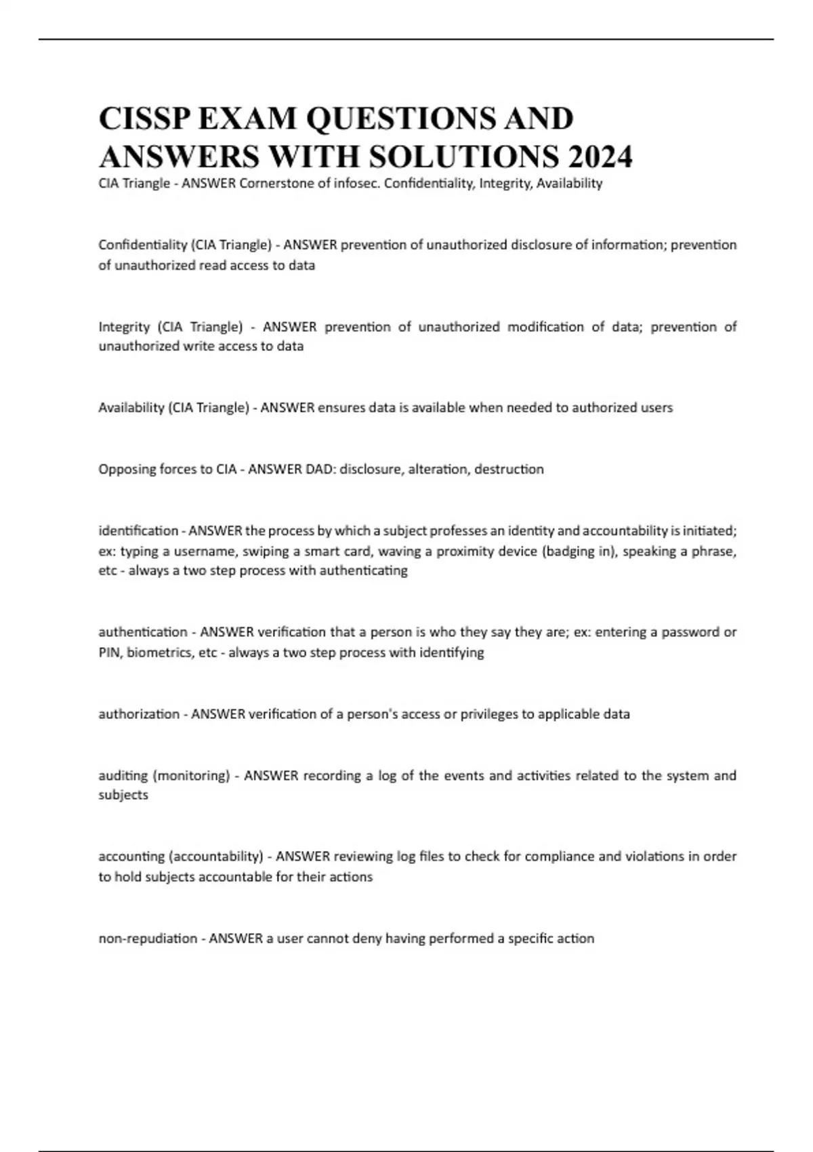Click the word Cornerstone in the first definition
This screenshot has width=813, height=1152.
(x=274, y=183)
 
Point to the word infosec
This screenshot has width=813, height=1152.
(x=356, y=183)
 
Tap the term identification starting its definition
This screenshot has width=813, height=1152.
(x=138, y=531)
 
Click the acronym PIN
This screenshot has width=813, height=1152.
(x=110, y=653)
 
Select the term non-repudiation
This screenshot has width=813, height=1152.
(x=148, y=939)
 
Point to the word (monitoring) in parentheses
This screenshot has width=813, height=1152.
(x=192, y=775)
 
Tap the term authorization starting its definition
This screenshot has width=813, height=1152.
(x=139, y=714)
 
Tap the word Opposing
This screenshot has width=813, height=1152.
(x=125, y=469)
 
